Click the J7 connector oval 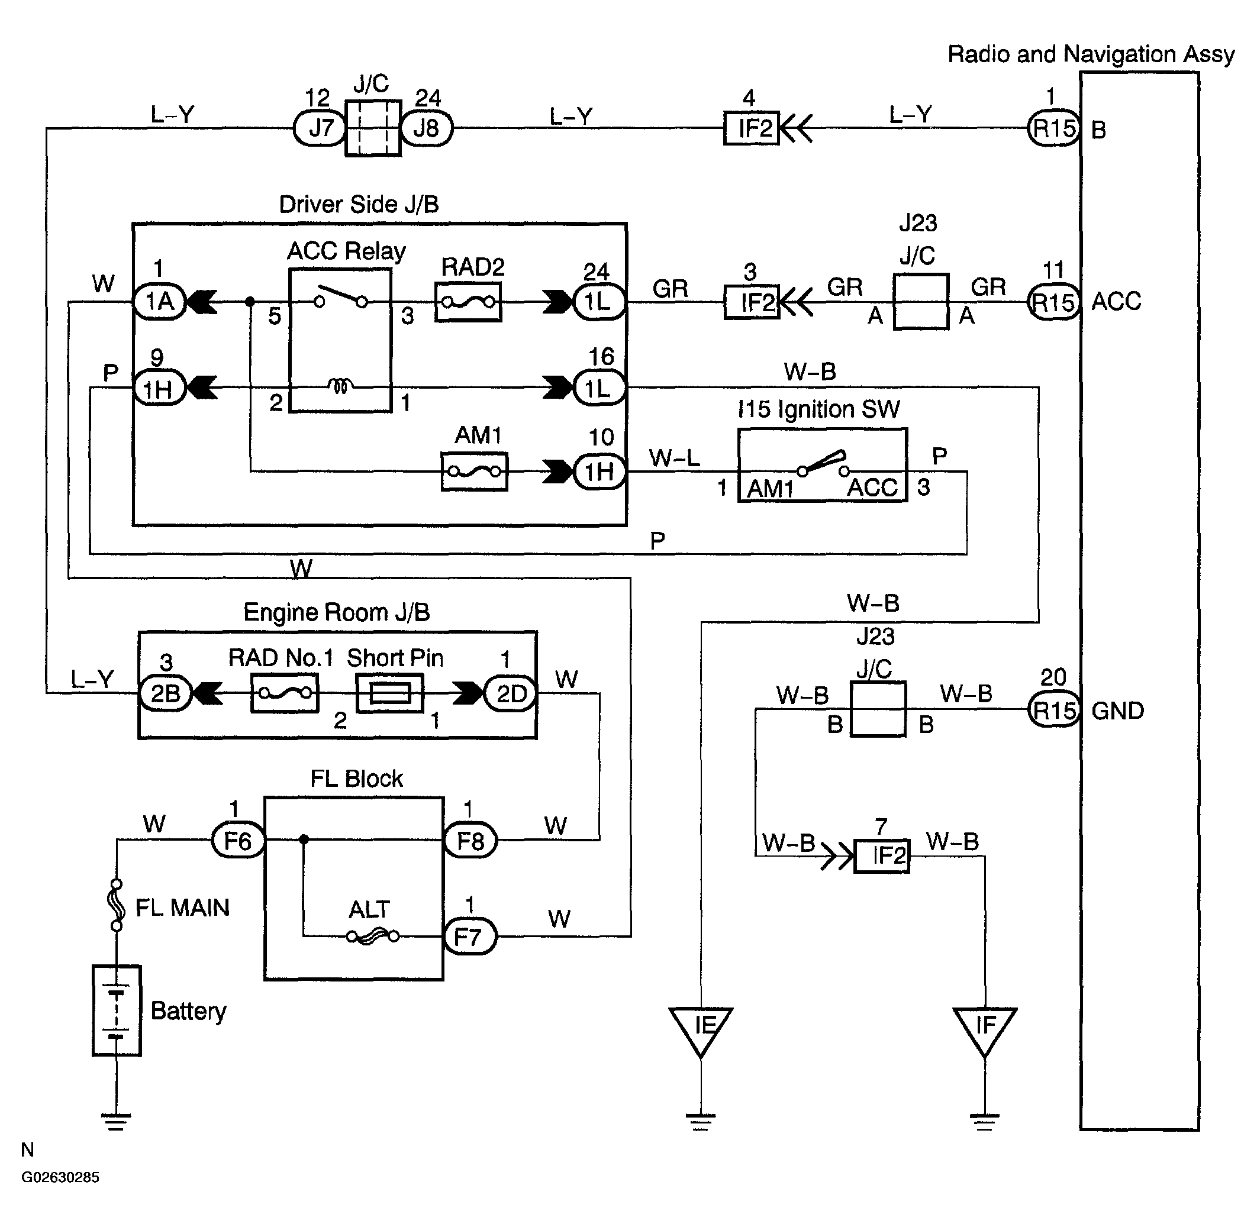tap(320, 128)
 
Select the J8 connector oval tap(427, 128)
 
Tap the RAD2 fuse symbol tap(469, 302)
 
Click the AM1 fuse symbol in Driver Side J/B tap(475, 472)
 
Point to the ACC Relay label tap(346, 251)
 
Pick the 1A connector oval tap(159, 302)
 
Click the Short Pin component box tap(390, 693)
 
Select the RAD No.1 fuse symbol tap(284, 693)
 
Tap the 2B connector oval tap(166, 693)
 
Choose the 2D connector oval tap(510, 693)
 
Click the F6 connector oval tap(238, 840)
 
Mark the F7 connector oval tap(470, 937)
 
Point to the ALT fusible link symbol tap(373, 937)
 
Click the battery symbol tap(117, 1010)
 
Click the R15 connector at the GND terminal tap(1054, 710)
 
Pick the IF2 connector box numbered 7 tap(882, 857)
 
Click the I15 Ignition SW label tap(818, 409)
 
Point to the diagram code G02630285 tap(60, 1177)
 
